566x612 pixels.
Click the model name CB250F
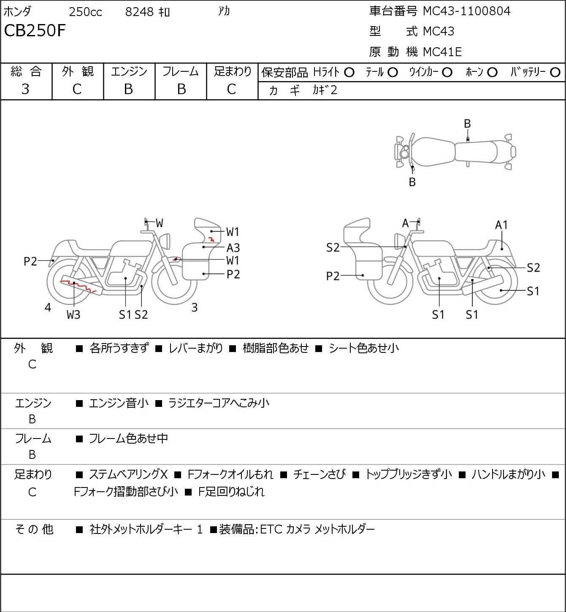[35, 30]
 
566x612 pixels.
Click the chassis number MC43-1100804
[466, 11]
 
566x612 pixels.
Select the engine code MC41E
[442, 52]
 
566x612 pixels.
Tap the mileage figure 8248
[139, 12]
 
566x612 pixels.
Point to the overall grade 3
[25, 89]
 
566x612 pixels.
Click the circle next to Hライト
[349, 73]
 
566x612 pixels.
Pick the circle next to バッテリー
[555, 73]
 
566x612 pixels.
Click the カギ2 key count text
[325, 90]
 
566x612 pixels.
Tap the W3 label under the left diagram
[73, 314]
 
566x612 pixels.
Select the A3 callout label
[233, 248]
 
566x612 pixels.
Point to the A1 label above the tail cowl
[501, 225]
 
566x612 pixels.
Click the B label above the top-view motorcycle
[467, 124]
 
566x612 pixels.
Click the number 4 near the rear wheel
[48, 307]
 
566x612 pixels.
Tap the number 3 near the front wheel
[194, 307]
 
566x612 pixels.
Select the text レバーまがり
[196, 348]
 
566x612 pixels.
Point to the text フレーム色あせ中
[129, 438]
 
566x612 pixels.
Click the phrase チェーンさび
[320, 474]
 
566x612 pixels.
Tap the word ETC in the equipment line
[271, 529]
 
